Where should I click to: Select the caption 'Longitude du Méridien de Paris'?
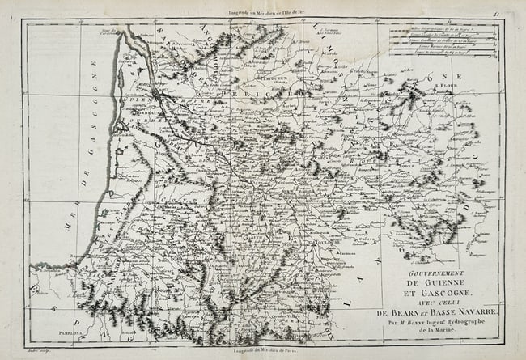[265, 349]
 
